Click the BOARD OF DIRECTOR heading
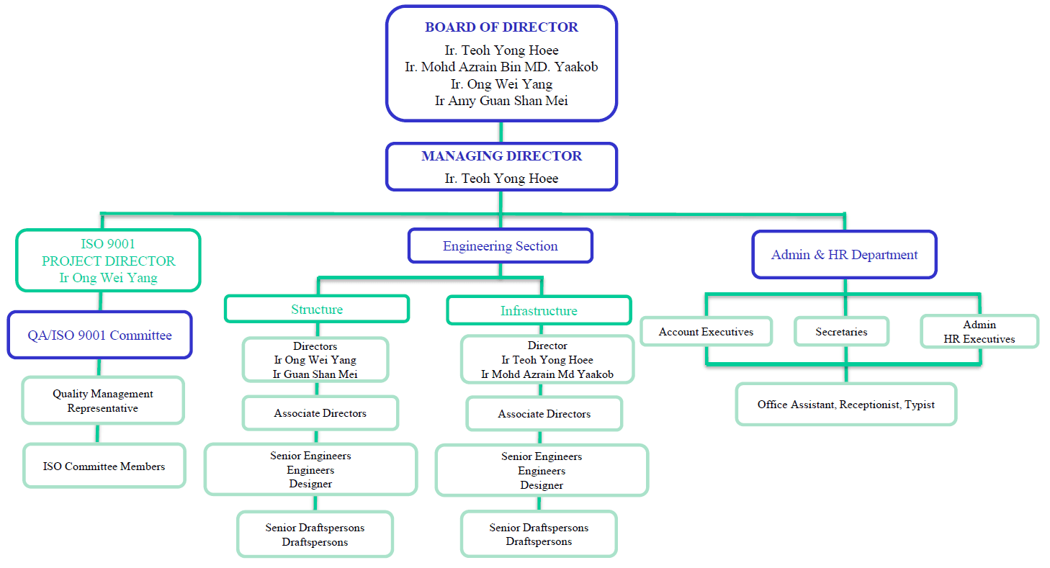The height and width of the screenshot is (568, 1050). [x=501, y=27]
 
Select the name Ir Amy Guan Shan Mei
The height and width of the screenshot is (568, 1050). [x=501, y=101]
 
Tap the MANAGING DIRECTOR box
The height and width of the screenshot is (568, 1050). [x=501, y=166]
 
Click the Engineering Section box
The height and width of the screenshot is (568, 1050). [x=501, y=246]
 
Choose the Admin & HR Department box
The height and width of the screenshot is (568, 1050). [x=844, y=255]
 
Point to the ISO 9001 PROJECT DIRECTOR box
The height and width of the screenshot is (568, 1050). [x=108, y=261]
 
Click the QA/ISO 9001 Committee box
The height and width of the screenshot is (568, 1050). [x=100, y=335]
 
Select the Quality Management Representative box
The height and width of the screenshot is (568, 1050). [x=103, y=401]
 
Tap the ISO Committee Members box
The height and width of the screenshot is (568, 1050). [x=104, y=466]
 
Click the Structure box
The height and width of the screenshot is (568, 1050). [x=317, y=310]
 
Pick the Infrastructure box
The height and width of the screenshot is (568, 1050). [x=539, y=311]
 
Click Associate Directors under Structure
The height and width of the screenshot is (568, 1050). [x=320, y=413]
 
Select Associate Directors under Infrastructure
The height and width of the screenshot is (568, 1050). [x=544, y=414]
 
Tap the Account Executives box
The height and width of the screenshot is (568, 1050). [x=706, y=332]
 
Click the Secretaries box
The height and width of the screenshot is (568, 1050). [x=841, y=332]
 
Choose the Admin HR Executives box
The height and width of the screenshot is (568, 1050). [x=979, y=332]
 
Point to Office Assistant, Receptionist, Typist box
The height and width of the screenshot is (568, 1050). [x=845, y=405]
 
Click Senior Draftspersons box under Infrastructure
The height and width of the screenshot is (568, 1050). [x=539, y=534]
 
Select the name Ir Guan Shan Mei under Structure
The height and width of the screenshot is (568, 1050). [x=315, y=374]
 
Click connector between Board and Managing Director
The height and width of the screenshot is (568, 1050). [x=501, y=132]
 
